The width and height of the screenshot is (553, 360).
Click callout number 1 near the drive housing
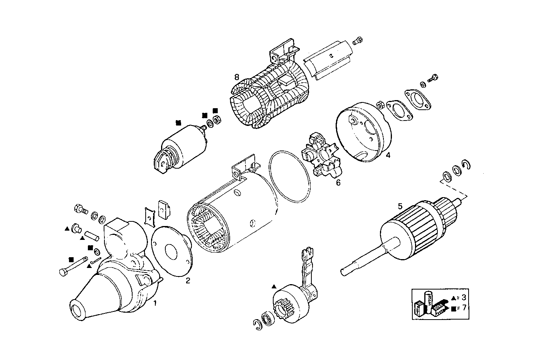click(155, 303)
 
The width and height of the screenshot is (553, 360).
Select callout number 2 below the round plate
click(188, 281)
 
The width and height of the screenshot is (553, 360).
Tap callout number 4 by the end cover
click(388, 155)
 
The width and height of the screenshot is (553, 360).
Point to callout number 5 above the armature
click(400, 206)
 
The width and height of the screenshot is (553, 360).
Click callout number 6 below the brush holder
click(338, 183)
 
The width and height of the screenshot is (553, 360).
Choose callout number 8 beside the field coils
click(237, 77)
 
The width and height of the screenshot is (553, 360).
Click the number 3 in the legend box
click(464, 297)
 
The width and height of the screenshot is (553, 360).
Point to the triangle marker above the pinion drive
click(274, 287)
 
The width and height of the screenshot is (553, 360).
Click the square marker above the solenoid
click(178, 122)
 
